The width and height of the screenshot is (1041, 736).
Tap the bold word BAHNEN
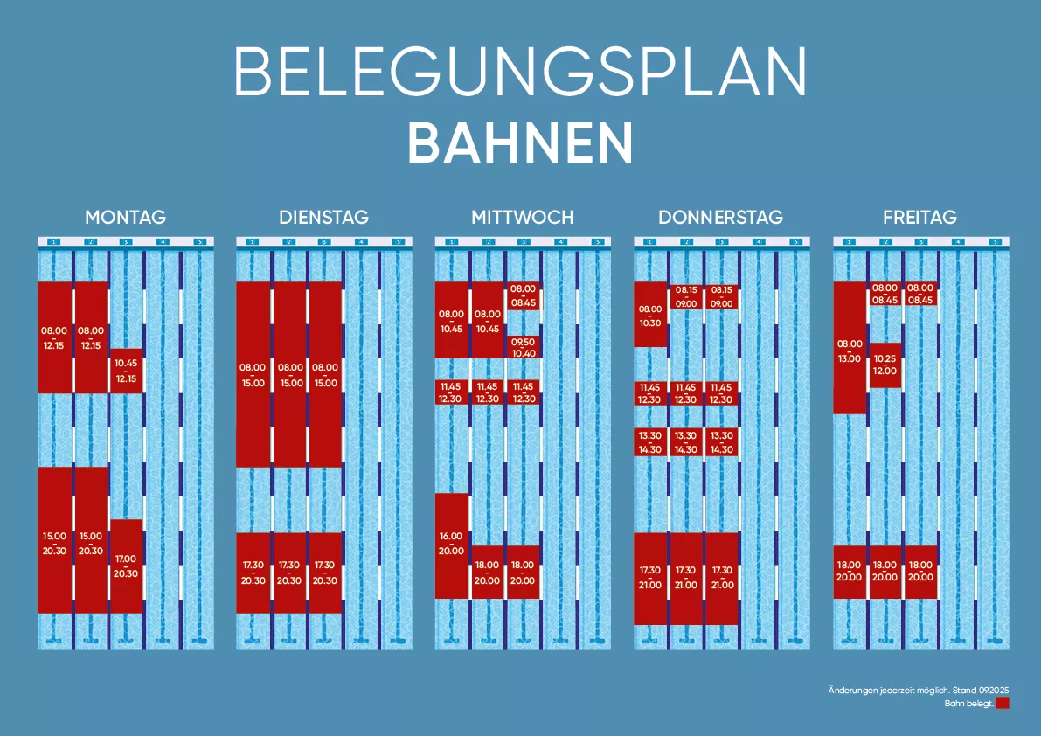(520, 142)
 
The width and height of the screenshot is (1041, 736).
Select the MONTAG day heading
(125, 217)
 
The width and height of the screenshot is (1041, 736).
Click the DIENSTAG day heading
(323, 217)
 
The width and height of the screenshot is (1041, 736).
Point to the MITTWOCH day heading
(522, 217)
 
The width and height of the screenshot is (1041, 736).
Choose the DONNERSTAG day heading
(720, 217)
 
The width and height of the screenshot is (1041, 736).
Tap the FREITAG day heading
(920, 217)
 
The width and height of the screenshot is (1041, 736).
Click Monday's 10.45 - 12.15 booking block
(126, 371)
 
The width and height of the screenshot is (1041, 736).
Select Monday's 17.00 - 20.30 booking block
(126, 566)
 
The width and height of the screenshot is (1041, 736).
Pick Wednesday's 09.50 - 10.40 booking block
(524, 347)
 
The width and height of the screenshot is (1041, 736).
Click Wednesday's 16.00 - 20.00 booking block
(452, 545)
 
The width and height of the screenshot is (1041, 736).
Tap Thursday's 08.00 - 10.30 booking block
(650, 315)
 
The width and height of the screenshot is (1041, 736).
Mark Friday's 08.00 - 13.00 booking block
(850, 348)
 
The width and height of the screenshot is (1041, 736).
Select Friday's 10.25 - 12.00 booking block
(885, 365)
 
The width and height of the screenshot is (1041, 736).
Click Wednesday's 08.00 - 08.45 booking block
(524, 295)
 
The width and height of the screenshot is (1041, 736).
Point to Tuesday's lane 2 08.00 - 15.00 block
(291, 374)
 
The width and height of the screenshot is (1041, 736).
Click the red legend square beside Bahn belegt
(1003, 703)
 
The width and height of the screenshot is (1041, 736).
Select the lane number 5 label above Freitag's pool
(994, 241)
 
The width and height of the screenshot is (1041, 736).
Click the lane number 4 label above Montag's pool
(162, 241)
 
